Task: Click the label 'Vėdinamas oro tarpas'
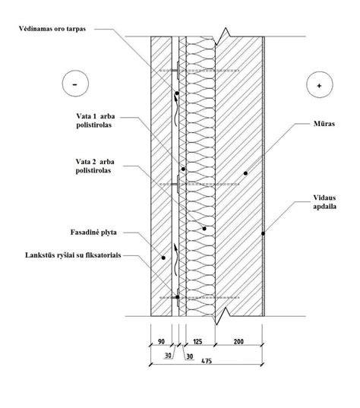(x=52, y=29)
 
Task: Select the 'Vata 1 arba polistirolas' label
(x=96, y=121)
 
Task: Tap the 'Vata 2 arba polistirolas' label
(x=95, y=166)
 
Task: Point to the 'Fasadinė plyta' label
(x=93, y=232)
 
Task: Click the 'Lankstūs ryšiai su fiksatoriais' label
(x=73, y=255)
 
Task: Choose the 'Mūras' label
(x=324, y=123)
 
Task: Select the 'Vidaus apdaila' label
(x=324, y=202)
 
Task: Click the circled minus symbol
(x=75, y=84)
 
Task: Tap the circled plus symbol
(x=320, y=85)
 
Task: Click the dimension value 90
(x=161, y=341)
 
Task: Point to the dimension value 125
(x=197, y=341)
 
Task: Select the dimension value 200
(x=238, y=341)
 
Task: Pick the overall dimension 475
(x=207, y=361)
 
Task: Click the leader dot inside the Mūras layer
(x=245, y=173)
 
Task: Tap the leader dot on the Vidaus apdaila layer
(x=264, y=234)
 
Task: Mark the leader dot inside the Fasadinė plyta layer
(x=163, y=258)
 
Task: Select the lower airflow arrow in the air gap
(x=176, y=259)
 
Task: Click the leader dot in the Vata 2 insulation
(x=204, y=229)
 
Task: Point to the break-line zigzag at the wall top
(x=223, y=36)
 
